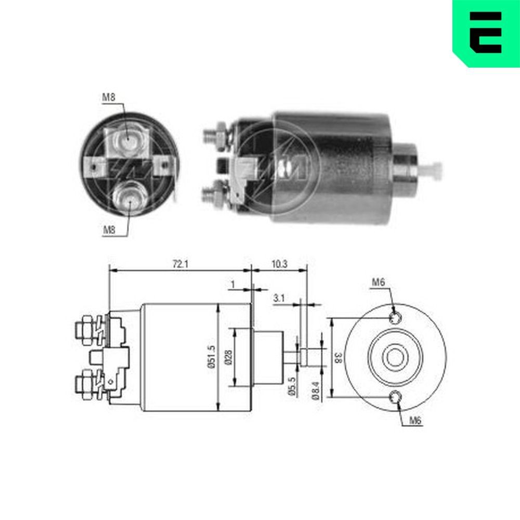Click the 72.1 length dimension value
tap(180, 264)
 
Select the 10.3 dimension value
tap(279, 264)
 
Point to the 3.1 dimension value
tap(279, 298)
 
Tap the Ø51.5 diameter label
tap(211, 358)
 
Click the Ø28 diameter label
tap(228, 357)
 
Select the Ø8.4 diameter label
tap(316, 388)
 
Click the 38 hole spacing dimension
tap(338, 357)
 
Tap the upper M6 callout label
tap(378, 283)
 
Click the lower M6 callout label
tap(414, 421)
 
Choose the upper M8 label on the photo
tap(108, 97)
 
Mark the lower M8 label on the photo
tap(108, 230)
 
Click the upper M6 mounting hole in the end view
tap(396, 317)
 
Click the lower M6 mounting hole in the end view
tap(396, 398)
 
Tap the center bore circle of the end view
tap(395, 358)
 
